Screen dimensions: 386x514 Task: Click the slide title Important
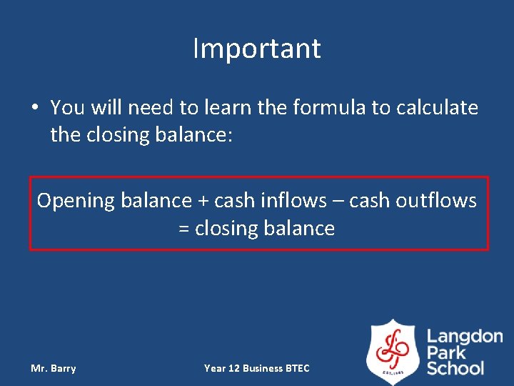click(x=257, y=49)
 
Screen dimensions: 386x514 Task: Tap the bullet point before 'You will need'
click(x=35, y=108)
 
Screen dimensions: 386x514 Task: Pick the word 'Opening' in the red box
click(x=76, y=201)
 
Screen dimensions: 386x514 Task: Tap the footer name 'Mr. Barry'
click(x=54, y=368)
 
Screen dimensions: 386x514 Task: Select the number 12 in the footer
click(x=233, y=368)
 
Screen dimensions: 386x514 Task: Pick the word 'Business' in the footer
click(x=262, y=368)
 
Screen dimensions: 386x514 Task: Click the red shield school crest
click(x=393, y=351)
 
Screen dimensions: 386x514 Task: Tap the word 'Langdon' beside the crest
click(x=464, y=337)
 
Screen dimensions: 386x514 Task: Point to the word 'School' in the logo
click(x=455, y=368)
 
